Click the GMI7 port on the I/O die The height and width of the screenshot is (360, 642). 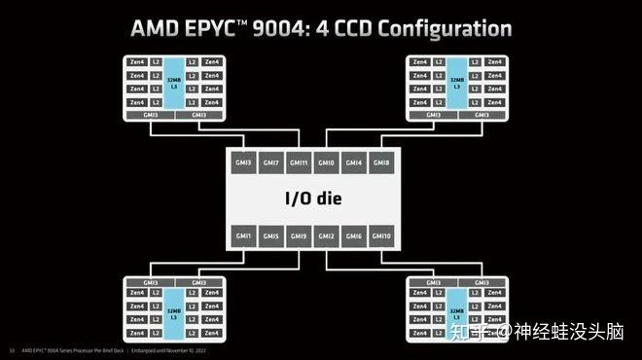tap(270, 163)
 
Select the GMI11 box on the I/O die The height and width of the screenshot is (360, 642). tap(299, 163)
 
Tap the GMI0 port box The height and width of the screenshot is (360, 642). tap(326, 163)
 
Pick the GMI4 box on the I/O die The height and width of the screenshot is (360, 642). tap(354, 163)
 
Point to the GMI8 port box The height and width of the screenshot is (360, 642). tap(382, 163)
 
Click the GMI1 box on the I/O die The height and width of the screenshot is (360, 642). tap(243, 236)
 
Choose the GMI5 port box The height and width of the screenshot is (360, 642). tap(270, 236)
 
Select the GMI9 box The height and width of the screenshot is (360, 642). tap(299, 236)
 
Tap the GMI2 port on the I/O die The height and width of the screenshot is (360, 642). tap(326, 236)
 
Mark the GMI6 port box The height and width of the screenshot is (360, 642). tap(354, 236)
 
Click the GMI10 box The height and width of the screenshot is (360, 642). tap(382, 236)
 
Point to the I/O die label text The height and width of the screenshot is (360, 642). tap(312, 199)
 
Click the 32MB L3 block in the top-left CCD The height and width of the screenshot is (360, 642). tap(175, 83)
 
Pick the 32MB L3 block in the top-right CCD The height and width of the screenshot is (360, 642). tap(456, 83)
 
